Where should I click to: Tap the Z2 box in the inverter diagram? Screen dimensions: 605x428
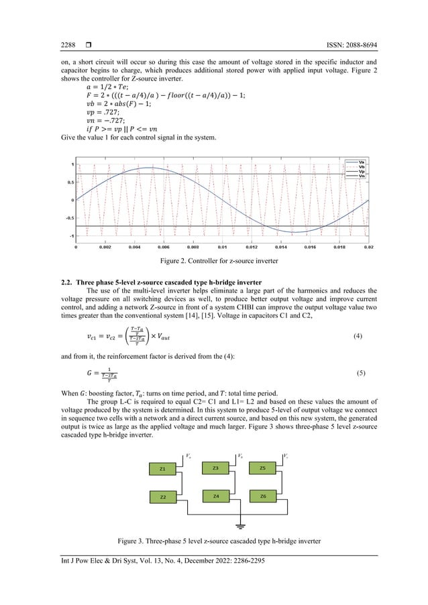pos(163,497)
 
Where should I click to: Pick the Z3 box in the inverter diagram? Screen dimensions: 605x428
pos(215,467)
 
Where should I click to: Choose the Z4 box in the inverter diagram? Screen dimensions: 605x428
pos(215,496)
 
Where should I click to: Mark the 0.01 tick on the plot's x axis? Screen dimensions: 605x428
pos(222,248)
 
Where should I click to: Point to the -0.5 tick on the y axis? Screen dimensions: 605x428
pos(68,218)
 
